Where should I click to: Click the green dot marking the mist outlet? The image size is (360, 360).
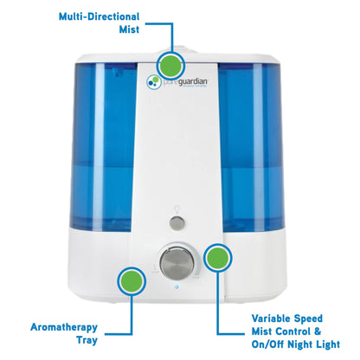171,65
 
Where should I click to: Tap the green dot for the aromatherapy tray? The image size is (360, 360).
132,280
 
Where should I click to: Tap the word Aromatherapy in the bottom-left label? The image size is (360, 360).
63,328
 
